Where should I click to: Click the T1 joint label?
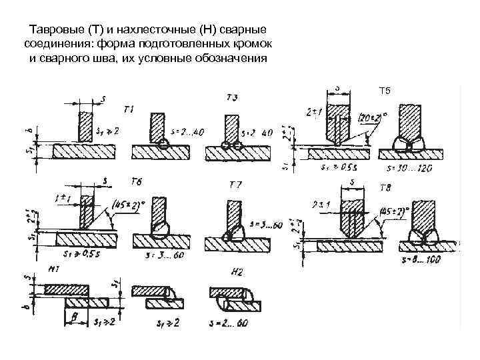(129, 109)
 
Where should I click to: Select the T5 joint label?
(386, 90)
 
